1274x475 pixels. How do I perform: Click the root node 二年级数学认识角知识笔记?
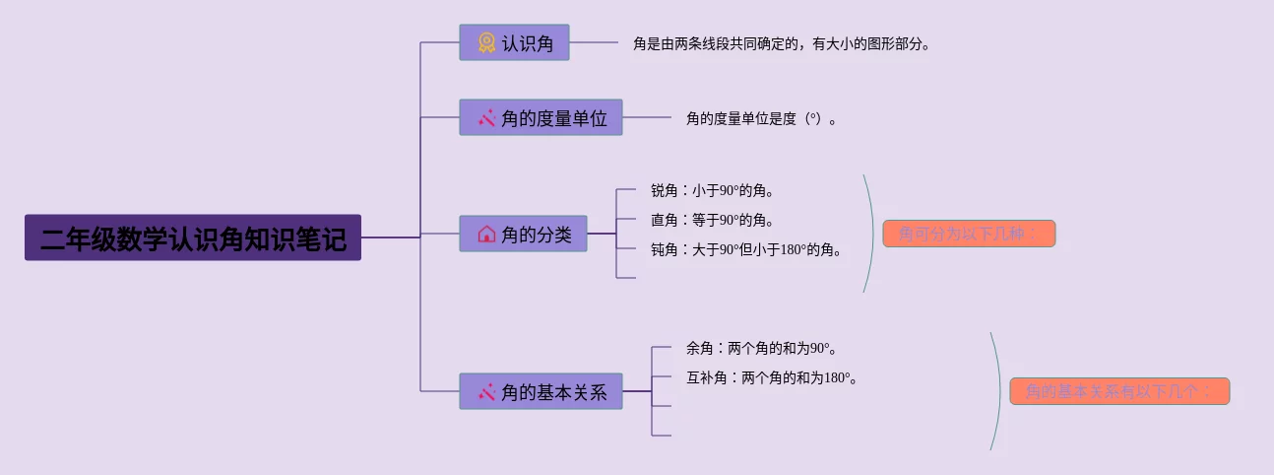(193, 237)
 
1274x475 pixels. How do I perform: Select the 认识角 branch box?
(514, 42)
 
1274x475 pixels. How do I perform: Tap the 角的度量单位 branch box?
(541, 117)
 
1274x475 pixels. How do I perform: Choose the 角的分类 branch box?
(523, 234)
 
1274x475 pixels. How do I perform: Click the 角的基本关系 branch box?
(541, 391)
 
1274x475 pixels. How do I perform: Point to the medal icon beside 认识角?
(486, 42)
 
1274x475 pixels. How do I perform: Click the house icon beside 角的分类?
(486, 234)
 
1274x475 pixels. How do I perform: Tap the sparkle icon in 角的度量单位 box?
(486, 117)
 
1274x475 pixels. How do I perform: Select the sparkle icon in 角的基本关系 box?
(486, 391)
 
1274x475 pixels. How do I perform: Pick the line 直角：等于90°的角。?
(712, 220)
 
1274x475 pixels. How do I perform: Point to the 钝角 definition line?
(746, 249)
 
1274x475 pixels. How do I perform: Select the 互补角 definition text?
(771, 377)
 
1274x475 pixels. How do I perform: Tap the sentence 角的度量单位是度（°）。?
(761, 118)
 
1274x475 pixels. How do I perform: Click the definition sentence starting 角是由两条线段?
(781, 43)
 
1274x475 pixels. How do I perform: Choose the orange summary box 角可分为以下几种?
(969, 234)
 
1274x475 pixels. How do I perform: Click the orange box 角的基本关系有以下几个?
(1119, 391)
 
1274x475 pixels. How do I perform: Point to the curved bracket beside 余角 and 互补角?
(997, 391)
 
